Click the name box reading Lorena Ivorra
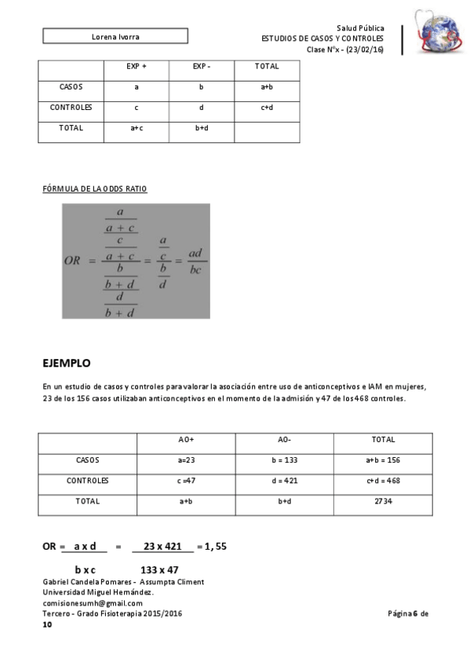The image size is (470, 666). [115, 36]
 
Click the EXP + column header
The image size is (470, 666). [136, 67]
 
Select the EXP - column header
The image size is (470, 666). [202, 67]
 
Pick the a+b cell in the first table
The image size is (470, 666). [267, 87]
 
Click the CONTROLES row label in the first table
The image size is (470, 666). [71, 108]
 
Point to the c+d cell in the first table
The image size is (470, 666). [267, 108]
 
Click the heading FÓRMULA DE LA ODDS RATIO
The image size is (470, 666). [94, 189]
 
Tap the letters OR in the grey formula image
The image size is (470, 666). [73, 261]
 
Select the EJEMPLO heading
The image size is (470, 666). [67, 363]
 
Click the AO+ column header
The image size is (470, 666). [186, 440]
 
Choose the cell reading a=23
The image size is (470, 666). [186, 460]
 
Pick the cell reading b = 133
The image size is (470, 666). [285, 460]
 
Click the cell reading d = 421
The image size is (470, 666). [285, 481]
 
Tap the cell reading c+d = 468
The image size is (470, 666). [383, 481]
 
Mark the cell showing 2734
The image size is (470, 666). [383, 501]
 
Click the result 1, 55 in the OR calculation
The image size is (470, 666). [215, 546]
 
